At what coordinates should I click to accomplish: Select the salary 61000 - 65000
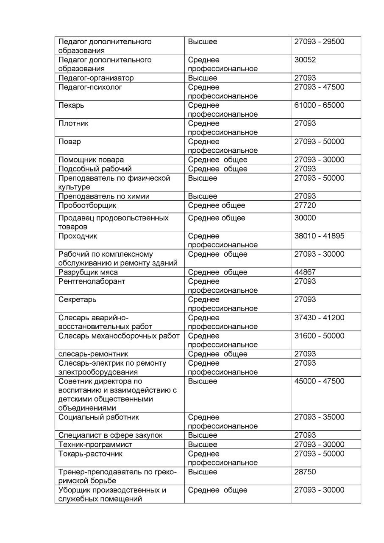pyautogui.click(x=319, y=105)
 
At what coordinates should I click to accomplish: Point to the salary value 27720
pyautogui.click(x=305, y=205)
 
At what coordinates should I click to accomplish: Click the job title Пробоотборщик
pyautogui.click(x=87, y=205)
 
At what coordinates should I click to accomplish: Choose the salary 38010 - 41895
pyautogui.click(x=319, y=236)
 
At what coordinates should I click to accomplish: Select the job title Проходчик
pyautogui.click(x=78, y=236)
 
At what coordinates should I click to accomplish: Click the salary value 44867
pyautogui.click(x=305, y=272)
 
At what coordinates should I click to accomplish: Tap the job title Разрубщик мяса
pyautogui.click(x=88, y=272)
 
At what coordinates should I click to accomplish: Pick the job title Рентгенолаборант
pyautogui.click(x=92, y=281)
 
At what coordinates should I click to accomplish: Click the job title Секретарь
pyautogui.click(x=77, y=299)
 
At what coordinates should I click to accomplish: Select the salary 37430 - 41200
pyautogui.click(x=319, y=318)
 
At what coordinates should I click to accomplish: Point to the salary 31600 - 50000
pyautogui.click(x=319, y=336)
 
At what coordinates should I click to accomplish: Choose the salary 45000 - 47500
pyautogui.click(x=319, y=381)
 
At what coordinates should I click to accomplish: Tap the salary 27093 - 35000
pyautogui.click(x=319, y=417)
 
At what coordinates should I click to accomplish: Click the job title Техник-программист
pyautogui.click(x=95, y=445)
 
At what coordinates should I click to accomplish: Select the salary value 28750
pyautogui.click(x=305, y=472)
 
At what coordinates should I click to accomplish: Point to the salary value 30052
pyautogui.click(x=305, y=60)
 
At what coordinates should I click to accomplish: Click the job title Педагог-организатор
pyautogui.click(x=96, y=78)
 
